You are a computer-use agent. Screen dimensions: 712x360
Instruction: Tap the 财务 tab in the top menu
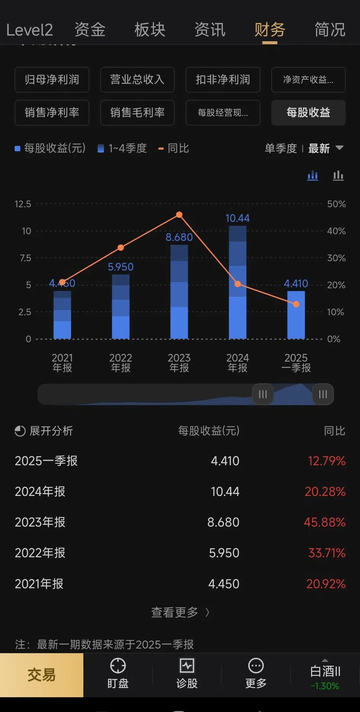point(270,30)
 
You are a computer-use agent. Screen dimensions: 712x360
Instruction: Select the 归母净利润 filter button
point(52,80)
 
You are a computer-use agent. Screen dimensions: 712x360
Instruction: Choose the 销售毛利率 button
point(137,112)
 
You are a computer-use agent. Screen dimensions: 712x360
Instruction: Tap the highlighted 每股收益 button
point(308,112)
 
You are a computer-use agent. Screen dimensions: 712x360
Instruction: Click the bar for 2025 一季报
point(296,315)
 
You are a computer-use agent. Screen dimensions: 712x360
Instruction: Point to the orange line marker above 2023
point(179,215)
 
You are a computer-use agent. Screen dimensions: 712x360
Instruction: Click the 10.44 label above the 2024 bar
point(237,218)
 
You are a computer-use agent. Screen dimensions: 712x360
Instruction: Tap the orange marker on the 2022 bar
point(121,248)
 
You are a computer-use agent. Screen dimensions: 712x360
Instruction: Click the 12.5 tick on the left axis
point(23,204)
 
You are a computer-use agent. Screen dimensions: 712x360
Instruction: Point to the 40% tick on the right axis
point(336,231)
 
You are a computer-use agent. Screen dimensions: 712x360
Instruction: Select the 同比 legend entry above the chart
point(174,148)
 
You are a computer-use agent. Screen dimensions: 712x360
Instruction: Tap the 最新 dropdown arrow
point(339,148)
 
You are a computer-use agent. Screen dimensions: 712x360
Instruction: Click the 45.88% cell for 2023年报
point(325,522)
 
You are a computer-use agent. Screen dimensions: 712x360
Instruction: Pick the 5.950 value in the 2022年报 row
point(224,553)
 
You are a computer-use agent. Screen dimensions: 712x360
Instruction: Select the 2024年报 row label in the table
point(40,491)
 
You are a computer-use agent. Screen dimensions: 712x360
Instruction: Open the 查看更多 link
point(180,612)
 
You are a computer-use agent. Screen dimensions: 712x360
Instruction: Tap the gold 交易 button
point(42,675)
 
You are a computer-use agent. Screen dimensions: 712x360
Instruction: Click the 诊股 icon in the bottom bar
point(187,673)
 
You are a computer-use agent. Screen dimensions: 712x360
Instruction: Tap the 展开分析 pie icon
point(20,431)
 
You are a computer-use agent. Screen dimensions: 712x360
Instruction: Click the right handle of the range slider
point(323,394)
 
